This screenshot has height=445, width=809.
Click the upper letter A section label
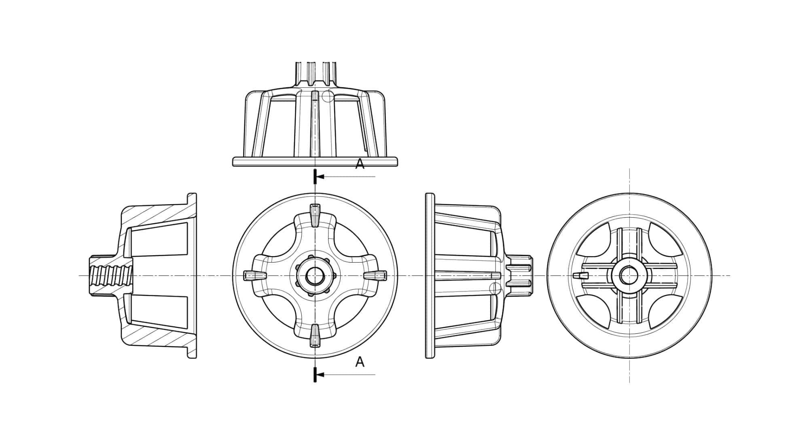coord(360,164)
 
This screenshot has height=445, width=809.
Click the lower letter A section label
coord(360,362)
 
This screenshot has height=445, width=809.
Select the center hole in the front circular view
coord(315,276)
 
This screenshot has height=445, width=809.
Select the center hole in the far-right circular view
coord(629,276)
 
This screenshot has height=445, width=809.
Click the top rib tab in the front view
coord(315,214)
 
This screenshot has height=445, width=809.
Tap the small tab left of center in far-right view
coord(579,275)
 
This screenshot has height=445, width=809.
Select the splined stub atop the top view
coord(316,73)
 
